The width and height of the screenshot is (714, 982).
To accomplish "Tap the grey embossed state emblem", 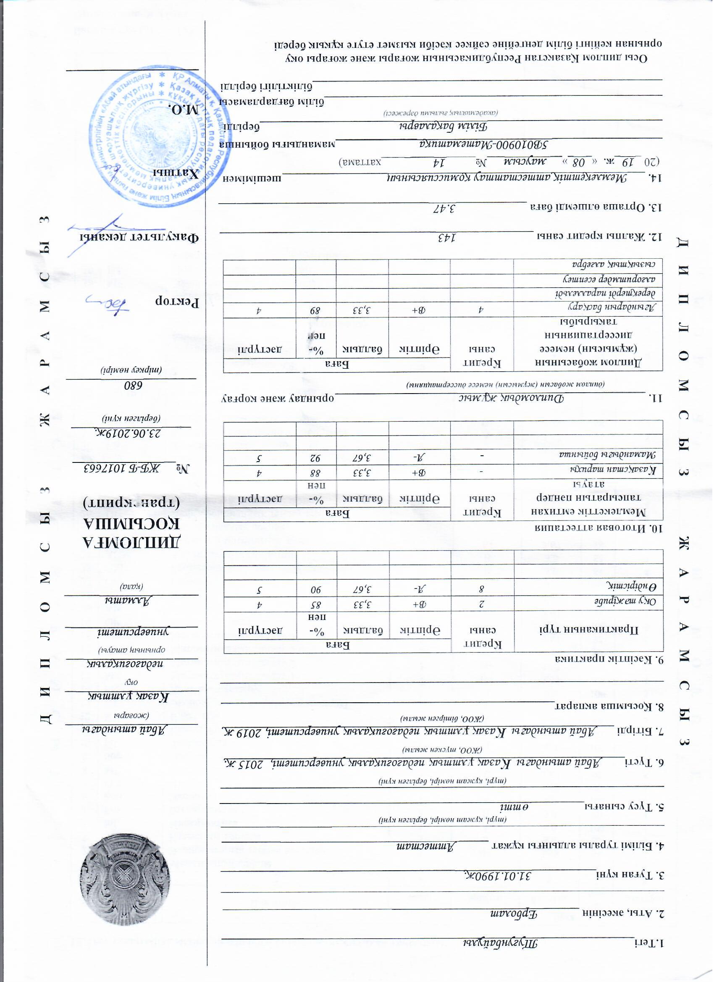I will (125, 882).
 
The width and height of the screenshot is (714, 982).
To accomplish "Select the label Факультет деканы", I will (139, 238).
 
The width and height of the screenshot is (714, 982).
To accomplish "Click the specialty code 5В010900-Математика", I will (485, 144).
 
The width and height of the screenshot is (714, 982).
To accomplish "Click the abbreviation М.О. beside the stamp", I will (184, 110).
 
